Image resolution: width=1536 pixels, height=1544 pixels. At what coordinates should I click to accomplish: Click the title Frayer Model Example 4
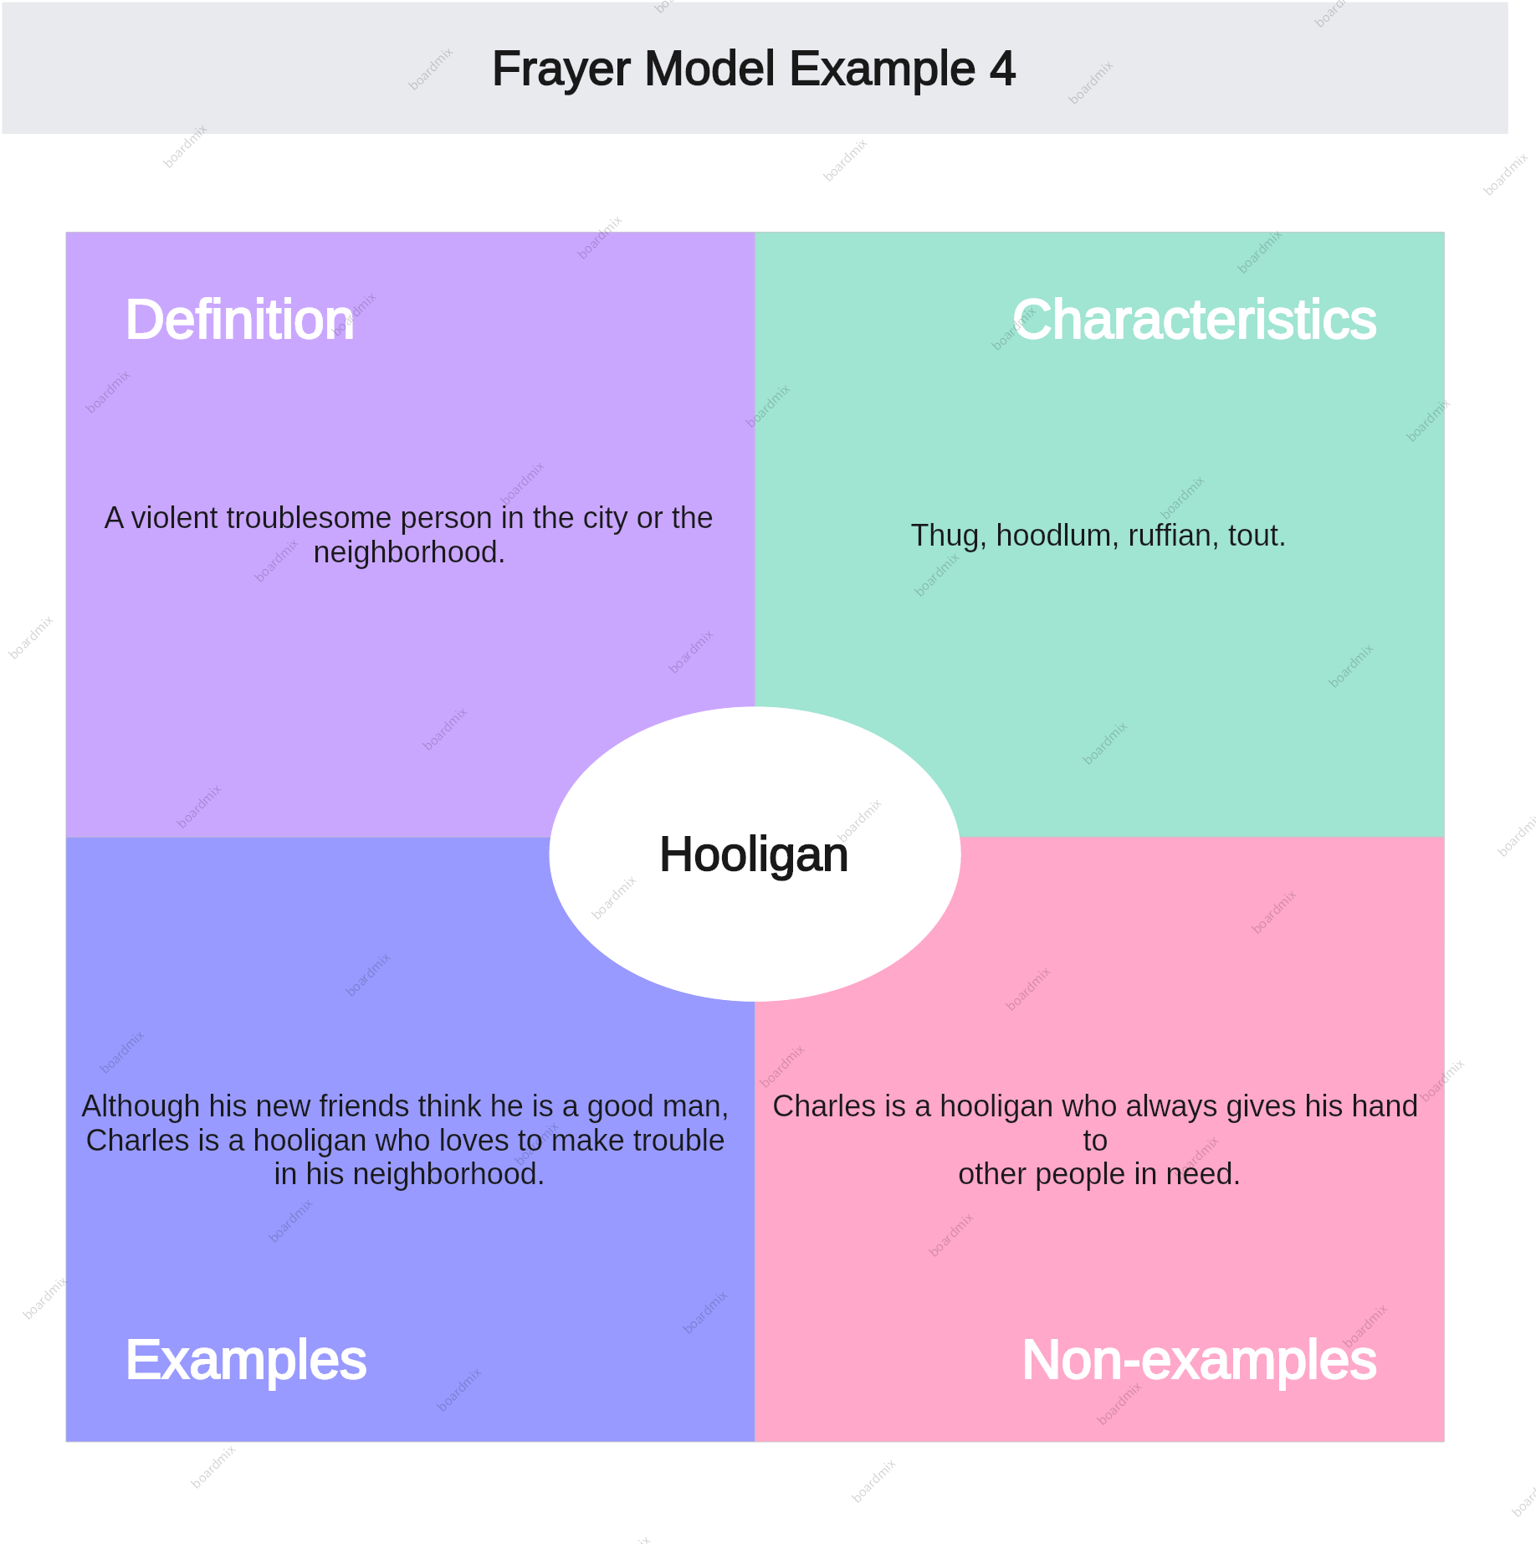753,69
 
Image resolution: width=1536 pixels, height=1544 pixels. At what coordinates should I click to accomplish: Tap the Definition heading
239,320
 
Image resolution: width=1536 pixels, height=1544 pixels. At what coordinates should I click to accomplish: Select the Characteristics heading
1194,320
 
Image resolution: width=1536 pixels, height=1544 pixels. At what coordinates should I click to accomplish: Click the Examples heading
246,1360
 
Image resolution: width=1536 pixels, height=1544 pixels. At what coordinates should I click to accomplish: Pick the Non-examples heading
1199,1360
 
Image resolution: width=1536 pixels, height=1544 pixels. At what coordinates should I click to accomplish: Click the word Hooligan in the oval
754,854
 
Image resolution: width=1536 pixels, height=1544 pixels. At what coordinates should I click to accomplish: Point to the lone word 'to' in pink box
1095,1141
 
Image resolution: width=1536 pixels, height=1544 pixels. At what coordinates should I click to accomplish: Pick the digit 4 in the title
1002,69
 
